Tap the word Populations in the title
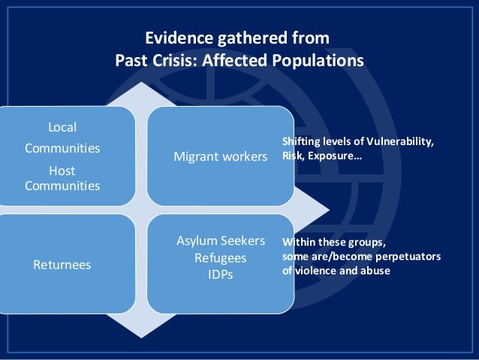(x=320, y=59)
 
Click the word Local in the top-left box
(x=62, y=126)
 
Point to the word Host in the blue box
(x=62, y=171)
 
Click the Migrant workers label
(x=220, y=158)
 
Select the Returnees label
(x=62, y=265)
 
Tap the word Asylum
(x=197, y=241)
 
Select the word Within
(x=298, y=243)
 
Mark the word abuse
(x=376, y=271)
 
